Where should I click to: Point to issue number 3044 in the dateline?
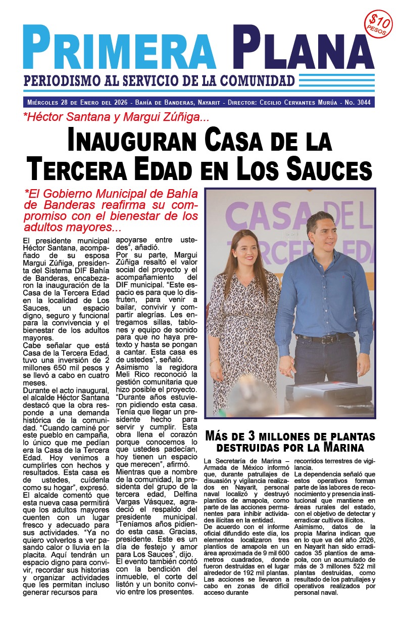pyautogui.click(x=363, y=103)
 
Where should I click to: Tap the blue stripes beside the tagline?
pyautogui.click(x=336, y=80)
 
